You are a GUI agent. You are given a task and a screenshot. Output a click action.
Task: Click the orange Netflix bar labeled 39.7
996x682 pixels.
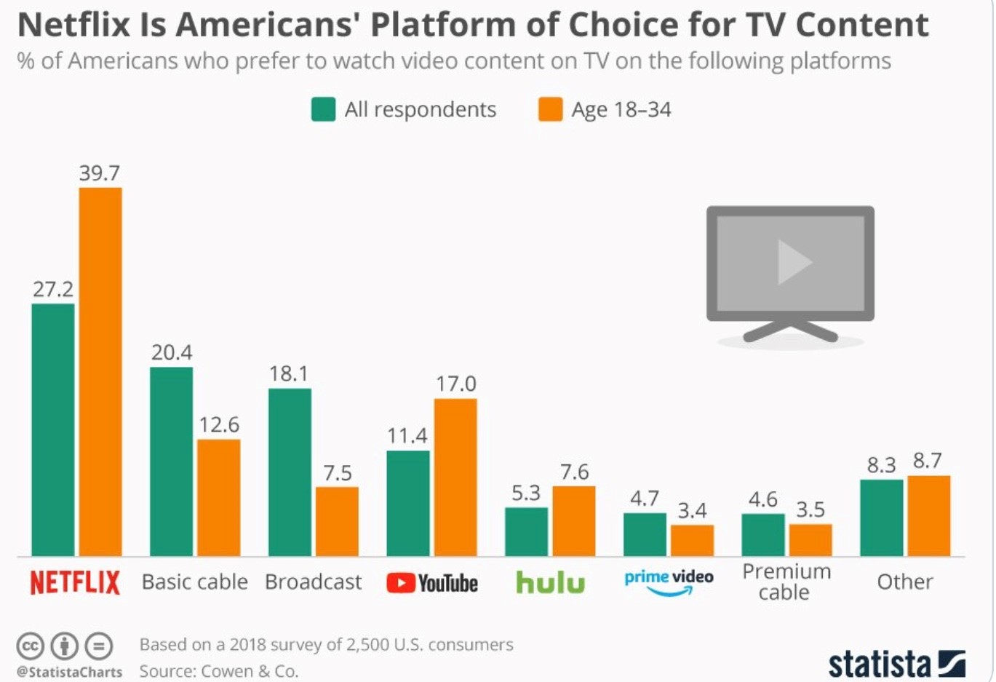tap(100, 371)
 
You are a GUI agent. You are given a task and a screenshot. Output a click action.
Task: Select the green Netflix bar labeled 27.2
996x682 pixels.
tap(53, 429)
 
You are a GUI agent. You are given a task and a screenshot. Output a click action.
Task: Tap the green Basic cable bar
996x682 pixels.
tap(172, 461)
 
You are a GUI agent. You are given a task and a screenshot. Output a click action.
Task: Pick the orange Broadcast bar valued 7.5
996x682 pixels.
tap(337, 521)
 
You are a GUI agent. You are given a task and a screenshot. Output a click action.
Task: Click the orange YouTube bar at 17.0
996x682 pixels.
tap(455, 477)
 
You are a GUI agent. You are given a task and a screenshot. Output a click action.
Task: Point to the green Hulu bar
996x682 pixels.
tap(527, 531)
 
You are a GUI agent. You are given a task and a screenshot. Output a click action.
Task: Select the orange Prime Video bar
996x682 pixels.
tap(692, 540)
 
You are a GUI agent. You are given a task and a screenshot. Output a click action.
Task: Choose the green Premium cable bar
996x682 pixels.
tap(763, 535)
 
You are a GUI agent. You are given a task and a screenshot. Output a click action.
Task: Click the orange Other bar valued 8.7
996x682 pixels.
tap(928, 515)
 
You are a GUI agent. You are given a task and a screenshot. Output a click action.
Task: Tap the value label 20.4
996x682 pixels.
tap(172, 353)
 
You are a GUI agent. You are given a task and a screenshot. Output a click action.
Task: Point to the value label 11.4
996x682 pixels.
tap(407, 436)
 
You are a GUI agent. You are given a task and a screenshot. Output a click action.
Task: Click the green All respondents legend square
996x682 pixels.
tap(323, 109)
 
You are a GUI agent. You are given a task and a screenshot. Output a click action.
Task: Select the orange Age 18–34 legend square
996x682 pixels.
tap(550, 109)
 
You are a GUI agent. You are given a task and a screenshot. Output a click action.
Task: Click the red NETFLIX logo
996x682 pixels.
tap(75, 582)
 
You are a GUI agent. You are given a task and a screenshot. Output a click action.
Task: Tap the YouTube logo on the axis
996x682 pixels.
tap(432, 583)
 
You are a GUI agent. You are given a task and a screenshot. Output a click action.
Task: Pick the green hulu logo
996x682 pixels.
tap(550, 582)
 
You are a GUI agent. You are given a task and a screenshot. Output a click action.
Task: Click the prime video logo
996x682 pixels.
tap(669, 581)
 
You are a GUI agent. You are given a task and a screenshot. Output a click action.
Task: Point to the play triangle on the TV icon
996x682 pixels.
tap(794, 262)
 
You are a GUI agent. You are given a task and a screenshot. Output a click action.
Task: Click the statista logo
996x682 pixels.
tap(896, 663)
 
